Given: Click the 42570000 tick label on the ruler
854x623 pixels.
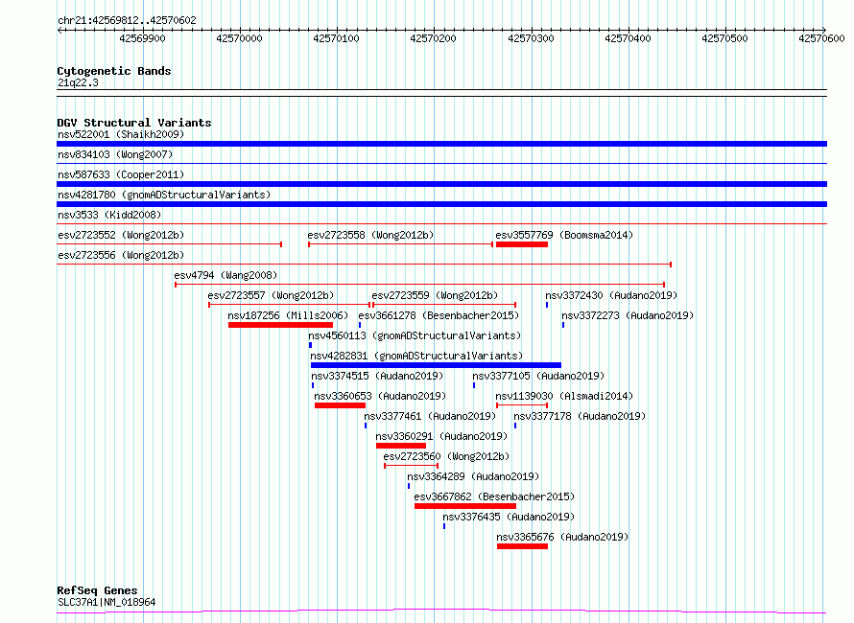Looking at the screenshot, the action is click(x=239, y=38).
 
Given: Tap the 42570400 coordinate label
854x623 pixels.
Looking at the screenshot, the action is click(x=628, y=38).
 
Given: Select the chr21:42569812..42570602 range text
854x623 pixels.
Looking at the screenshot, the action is click(x=127, y=21).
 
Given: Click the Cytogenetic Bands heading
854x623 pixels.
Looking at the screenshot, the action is click(x=114, y=71).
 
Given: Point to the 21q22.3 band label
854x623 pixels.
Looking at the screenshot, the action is click(x=78, y=82).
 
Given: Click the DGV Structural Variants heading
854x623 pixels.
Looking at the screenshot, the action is click(x=134, y=123).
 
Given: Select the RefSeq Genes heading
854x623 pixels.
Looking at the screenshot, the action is click(x=97, y=590).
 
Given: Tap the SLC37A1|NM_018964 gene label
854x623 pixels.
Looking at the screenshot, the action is click(x=107, y=602).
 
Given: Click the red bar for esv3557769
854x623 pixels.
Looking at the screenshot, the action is click(x=522, y=244).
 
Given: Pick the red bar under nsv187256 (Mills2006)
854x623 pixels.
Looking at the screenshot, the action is click(x=280, y=325).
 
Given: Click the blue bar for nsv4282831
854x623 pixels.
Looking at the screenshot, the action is click(x=436, y=365).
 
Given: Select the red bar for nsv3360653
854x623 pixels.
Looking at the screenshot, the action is click(x=340, y=405).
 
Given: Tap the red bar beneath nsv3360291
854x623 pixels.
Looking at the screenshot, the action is click(x=401, y=446).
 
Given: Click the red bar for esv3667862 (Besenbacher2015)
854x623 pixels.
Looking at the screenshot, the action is click(x=465, y=506).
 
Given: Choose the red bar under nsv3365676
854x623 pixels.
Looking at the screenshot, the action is click(x=522, y=546).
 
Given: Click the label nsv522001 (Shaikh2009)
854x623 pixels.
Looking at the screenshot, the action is click(x=121, y=134).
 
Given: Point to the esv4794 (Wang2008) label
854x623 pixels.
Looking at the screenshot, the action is click(x=225, y=275).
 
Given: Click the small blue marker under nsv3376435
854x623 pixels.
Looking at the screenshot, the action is click(x=444, y=526).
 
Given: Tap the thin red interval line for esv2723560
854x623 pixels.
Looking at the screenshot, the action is click(x=412, y=466).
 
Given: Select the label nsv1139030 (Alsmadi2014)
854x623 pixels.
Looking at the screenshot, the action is click(x=564, y=396).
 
